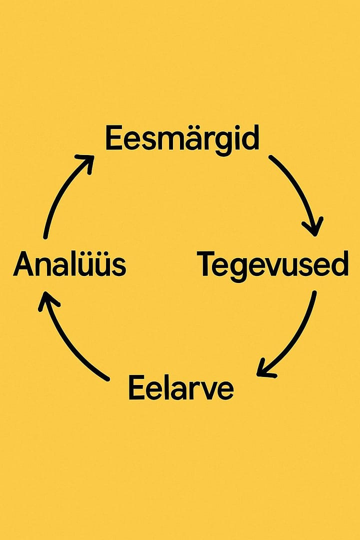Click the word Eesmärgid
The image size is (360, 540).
[x=182, y=138]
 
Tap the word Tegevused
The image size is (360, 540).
[x=272, y=264]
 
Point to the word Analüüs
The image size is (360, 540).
[x=69, y=264]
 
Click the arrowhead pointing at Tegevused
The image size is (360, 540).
[x=314, y=227]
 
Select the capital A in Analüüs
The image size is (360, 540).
[x=24, y=264]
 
